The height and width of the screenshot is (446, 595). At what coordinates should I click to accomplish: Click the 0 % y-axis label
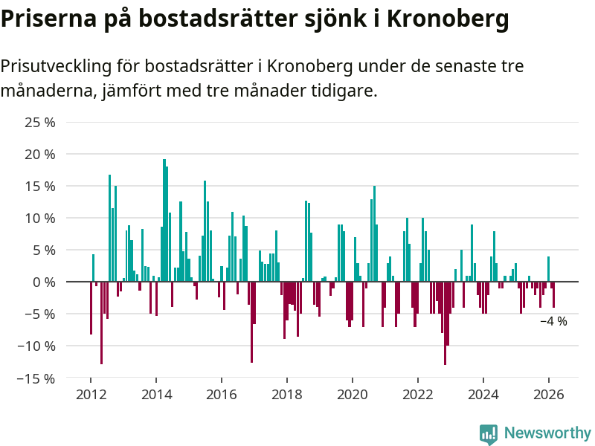44,282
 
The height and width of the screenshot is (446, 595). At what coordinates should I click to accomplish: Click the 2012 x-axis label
91,395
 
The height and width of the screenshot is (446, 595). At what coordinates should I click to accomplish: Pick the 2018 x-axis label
287,395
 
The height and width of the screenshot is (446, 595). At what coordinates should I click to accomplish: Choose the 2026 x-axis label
549,395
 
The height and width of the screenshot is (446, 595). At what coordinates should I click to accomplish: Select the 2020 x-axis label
353,395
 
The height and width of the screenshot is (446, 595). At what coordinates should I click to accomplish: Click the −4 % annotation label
553,321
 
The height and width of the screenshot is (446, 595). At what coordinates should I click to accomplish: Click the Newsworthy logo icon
489,434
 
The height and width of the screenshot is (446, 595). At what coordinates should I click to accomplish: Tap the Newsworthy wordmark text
547,433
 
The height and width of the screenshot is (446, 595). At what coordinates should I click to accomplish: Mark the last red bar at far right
553,294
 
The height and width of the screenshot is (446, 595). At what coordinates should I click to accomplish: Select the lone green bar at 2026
549,269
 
